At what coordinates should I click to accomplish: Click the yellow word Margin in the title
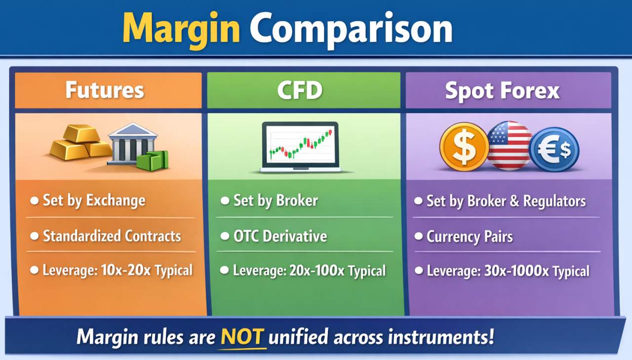tap(181, 31)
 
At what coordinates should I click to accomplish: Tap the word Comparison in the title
tap(351, 30)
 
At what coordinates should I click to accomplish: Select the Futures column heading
tap(105, 90)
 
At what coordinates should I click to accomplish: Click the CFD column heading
tap(300, 90)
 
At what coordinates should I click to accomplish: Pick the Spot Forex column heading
tap(502, 91)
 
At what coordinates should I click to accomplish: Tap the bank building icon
tap(132, 143)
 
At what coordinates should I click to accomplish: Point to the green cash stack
tap(153, 160)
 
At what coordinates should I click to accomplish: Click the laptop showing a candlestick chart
tap(300, 147)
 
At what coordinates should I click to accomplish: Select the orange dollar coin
tap(464, 147)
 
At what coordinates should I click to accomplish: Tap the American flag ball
tap(510, 146)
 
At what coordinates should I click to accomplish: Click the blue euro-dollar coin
tap(554, 149)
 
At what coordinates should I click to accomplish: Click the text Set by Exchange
tap(94, 200)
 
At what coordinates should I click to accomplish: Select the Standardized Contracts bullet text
tap(112, 236)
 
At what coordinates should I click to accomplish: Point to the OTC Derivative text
tap(280, 236)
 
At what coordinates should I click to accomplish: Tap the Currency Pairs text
tap(470, 237)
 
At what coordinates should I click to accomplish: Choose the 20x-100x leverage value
tap(317, 271)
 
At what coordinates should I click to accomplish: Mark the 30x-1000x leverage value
tap(516, 271)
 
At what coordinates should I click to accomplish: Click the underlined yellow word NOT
tap(242, 337)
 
